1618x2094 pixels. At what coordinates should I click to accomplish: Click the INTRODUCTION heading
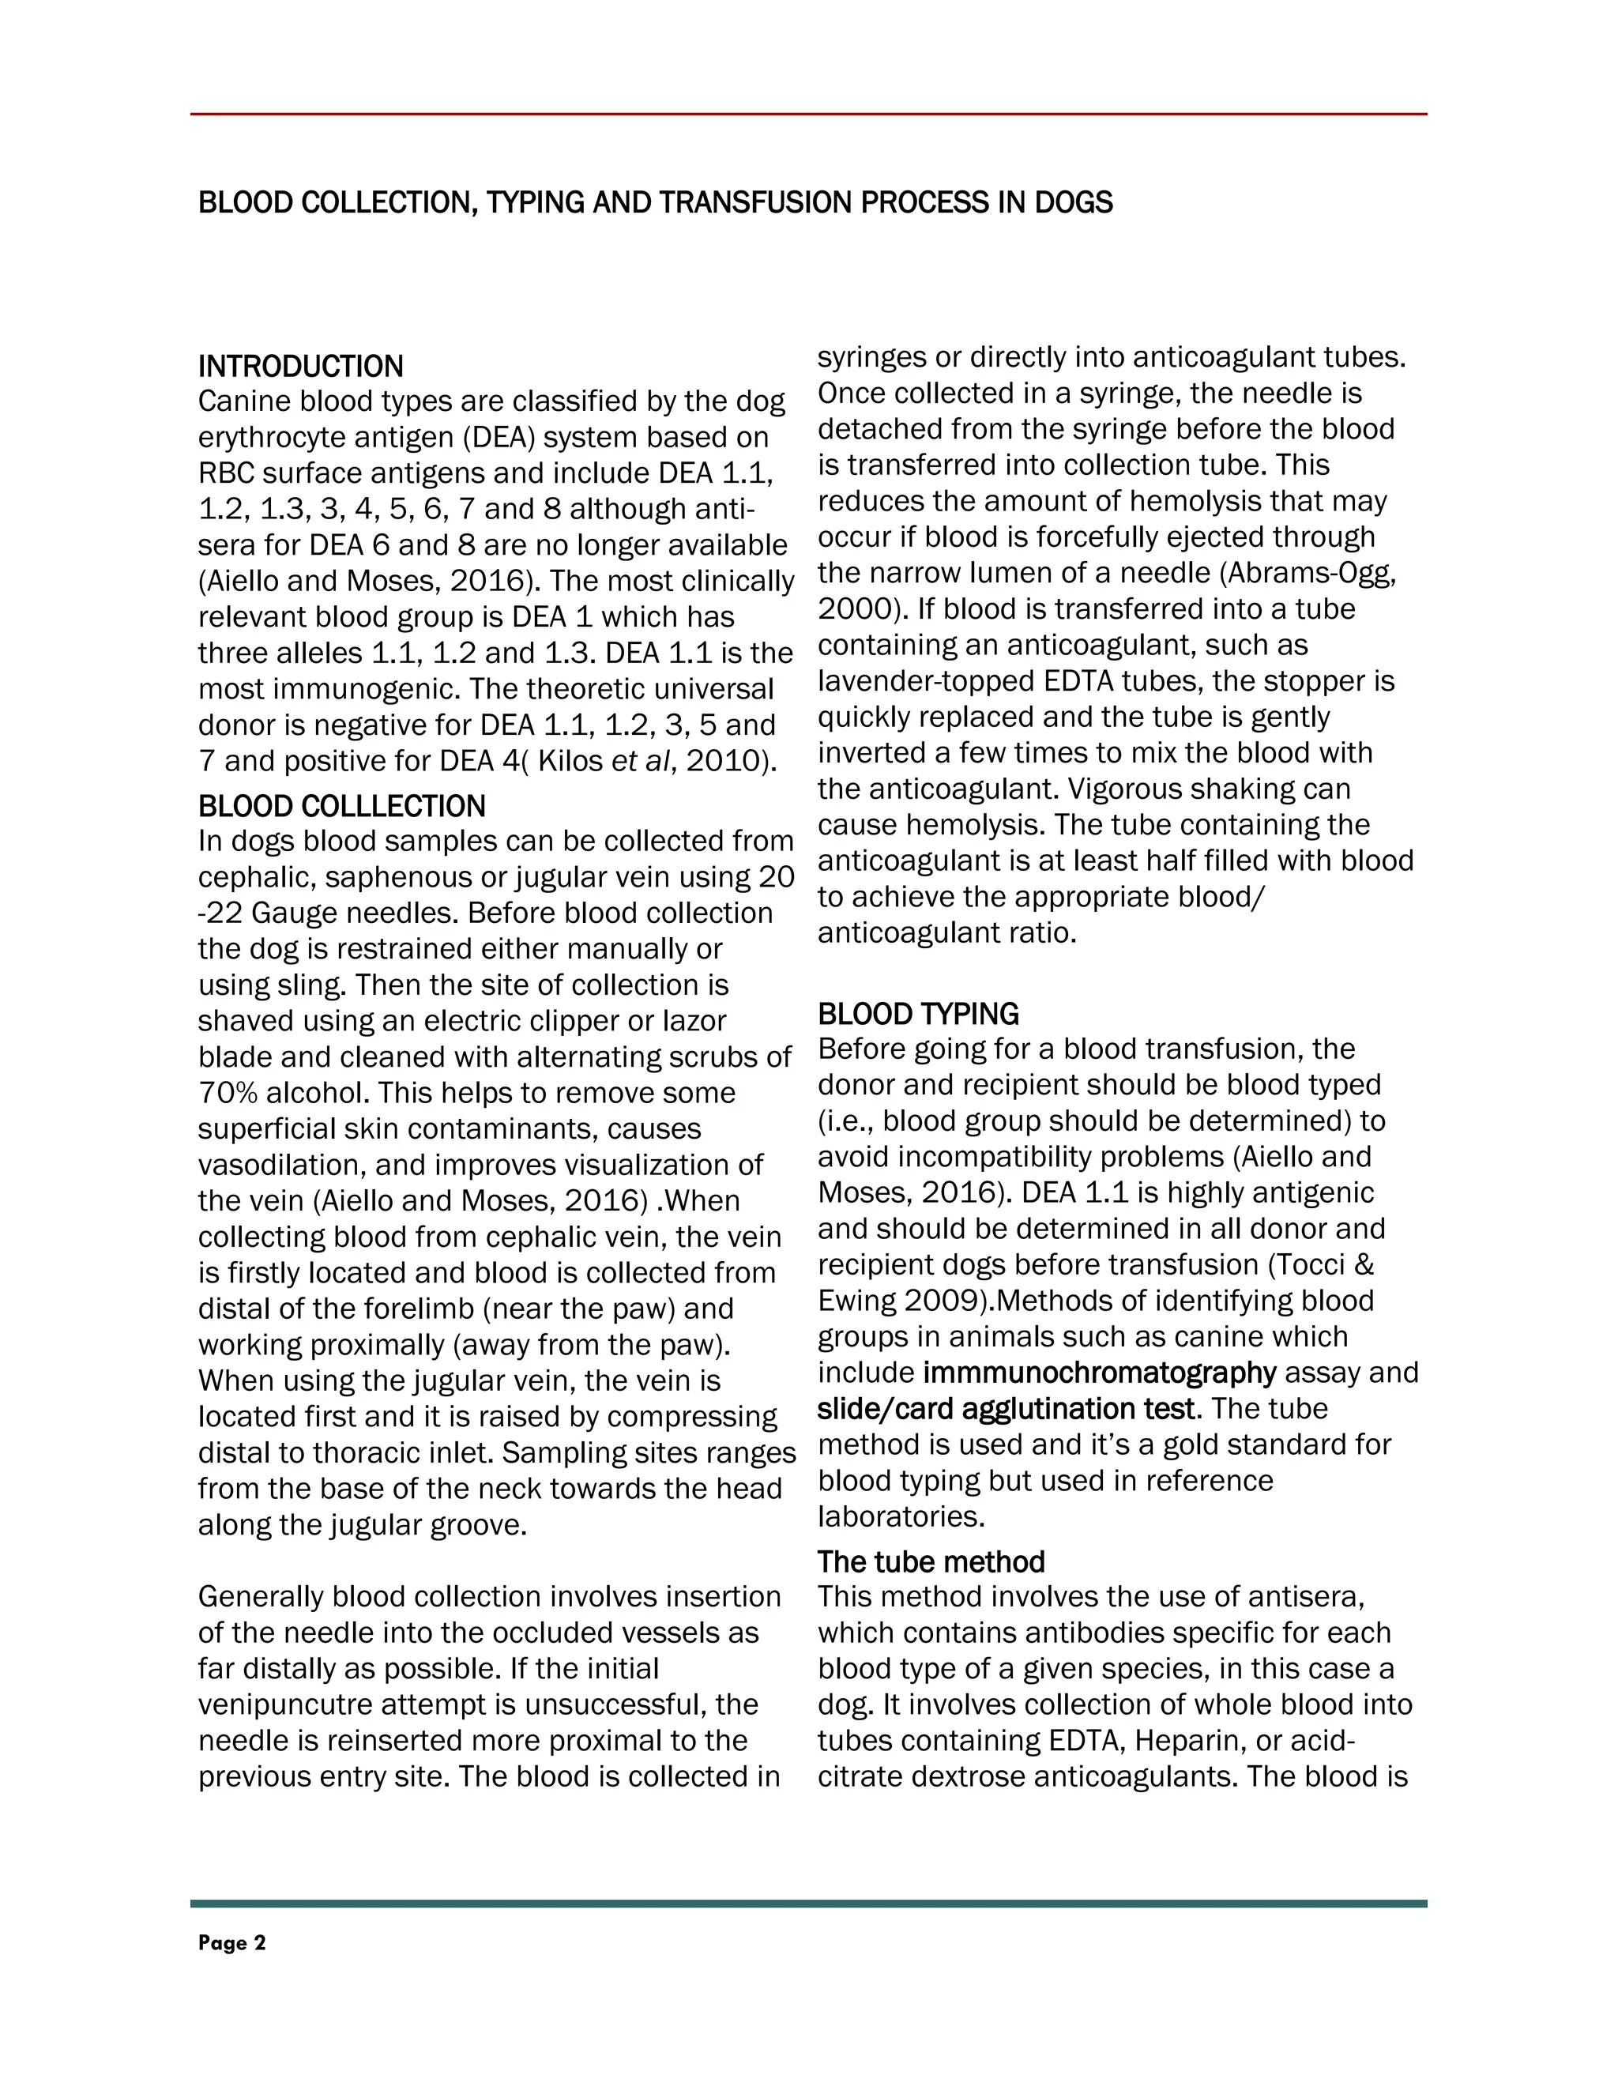[300, 367]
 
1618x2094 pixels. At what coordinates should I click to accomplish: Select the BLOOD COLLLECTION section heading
[341, 805]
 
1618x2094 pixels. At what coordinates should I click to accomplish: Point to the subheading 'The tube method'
[931, 1562]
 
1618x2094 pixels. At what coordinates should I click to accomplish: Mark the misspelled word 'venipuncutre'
[287, 1704]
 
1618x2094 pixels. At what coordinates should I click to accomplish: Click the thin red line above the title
[808, 114]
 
